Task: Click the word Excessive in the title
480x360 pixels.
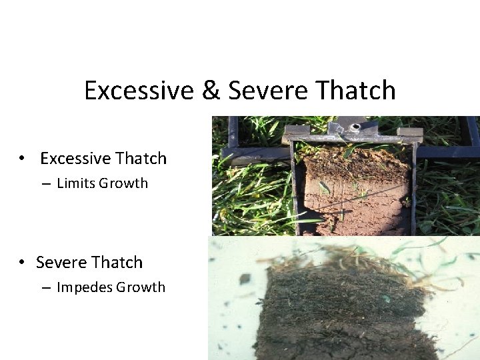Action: pos(138,91)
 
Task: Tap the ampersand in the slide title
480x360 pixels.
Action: pos(210,91)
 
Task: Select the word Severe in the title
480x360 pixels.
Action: pos(263,91)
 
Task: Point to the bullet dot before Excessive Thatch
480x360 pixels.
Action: pos(23,159)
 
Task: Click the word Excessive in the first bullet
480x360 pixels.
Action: pos(75,159)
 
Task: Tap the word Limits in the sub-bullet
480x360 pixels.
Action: pos(76,183)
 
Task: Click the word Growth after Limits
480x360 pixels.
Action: pos(123,183)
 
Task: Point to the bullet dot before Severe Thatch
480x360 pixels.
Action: pos(23,263)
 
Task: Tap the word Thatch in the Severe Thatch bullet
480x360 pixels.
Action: pos(119,263)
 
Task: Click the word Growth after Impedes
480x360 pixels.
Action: pos(141,287)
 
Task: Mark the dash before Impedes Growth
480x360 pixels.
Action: pos(45,288)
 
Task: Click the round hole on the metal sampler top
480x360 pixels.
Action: pos(355,126)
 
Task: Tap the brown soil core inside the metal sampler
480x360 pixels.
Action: pos(353,200)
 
